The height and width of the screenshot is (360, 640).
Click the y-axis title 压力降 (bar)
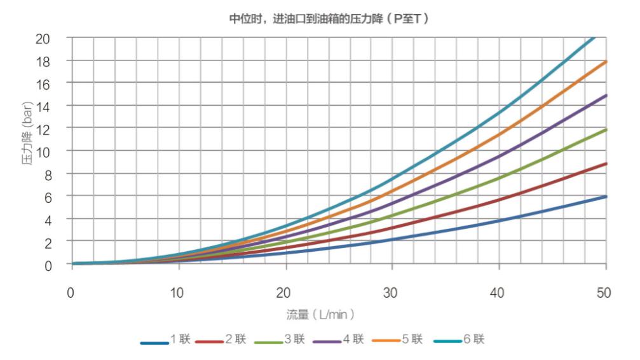coord(29,150)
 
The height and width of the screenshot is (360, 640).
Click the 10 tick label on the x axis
coord(179,293)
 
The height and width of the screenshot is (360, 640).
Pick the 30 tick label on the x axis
coord(392,293)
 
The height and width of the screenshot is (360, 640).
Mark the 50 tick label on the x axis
coord(605,293)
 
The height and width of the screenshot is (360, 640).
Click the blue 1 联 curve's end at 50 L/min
coord(606,197)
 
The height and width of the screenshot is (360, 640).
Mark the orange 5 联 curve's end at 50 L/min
coord(606,62)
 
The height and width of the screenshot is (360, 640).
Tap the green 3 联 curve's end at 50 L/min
coord(606,130)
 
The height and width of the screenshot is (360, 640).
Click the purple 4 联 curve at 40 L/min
coord(500,156)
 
